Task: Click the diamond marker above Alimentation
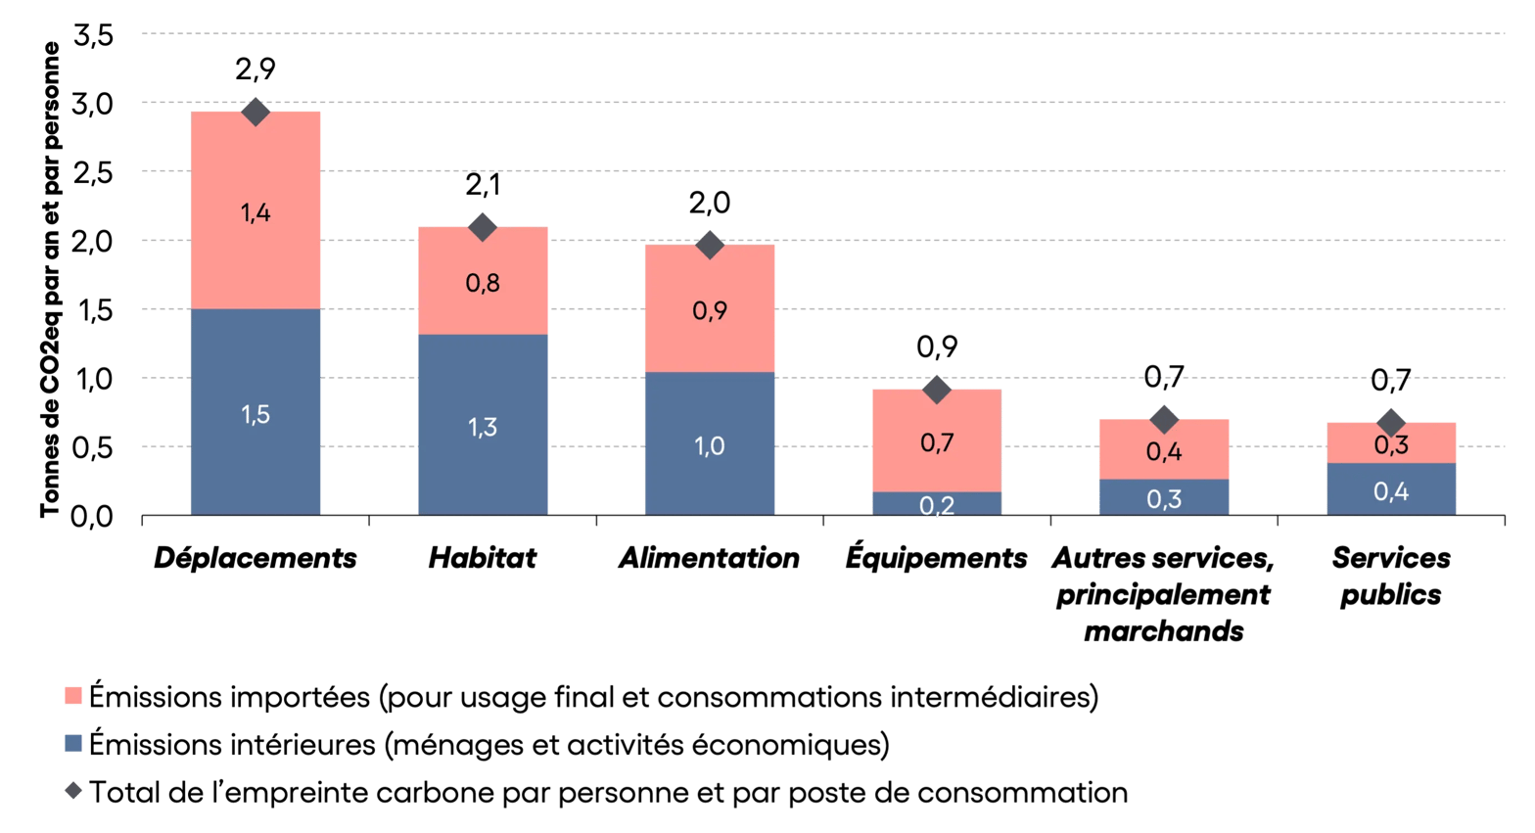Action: (710, 244)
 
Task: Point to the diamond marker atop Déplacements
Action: (256, 112)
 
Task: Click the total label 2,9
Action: (256, 69)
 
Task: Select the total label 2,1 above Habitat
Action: (483, 184)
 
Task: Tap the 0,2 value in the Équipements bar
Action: (937, 505)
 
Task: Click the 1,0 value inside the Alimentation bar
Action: (710, 446)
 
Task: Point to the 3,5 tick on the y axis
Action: (94, 35)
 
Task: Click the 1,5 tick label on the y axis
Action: (94, 310)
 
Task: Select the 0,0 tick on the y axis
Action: (94, 516)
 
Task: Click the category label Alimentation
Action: (710, 558)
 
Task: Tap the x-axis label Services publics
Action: (1390, 576)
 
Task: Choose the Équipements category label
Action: (937, 558)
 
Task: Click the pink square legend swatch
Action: (72, 696)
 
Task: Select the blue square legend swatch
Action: (72, 744)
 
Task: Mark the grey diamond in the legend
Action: (72, 791)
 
